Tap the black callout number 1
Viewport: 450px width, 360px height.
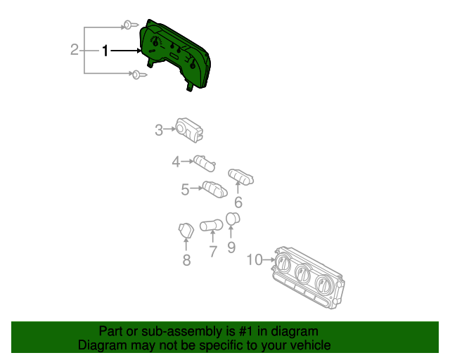pos(105,51)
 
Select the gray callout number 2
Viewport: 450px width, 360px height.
pos(75,49)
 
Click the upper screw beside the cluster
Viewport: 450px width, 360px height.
pos(131,25)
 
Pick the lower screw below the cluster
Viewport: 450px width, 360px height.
pos(139,75)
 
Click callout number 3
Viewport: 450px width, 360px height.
pos(159,130)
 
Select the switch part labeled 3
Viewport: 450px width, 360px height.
pos(189,130)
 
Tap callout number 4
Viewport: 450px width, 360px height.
pos(176,162)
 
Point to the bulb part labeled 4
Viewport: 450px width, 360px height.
pos(205,163)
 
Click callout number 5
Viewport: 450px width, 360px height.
pos(185,189)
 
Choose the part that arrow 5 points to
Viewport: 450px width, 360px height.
pos(214,189)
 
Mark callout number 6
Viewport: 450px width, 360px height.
pos(238,202)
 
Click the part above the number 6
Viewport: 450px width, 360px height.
pos(240,177)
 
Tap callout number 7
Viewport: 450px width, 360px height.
pos(212,252)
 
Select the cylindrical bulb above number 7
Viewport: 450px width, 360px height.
pos(211,226)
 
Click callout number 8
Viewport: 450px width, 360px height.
pos(186,260)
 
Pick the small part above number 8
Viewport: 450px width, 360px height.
pos(186,231)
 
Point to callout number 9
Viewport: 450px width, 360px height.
pos(231,247)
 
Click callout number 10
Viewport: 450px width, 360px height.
pos(255,260)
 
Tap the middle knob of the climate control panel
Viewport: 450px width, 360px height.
pos(303,272)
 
